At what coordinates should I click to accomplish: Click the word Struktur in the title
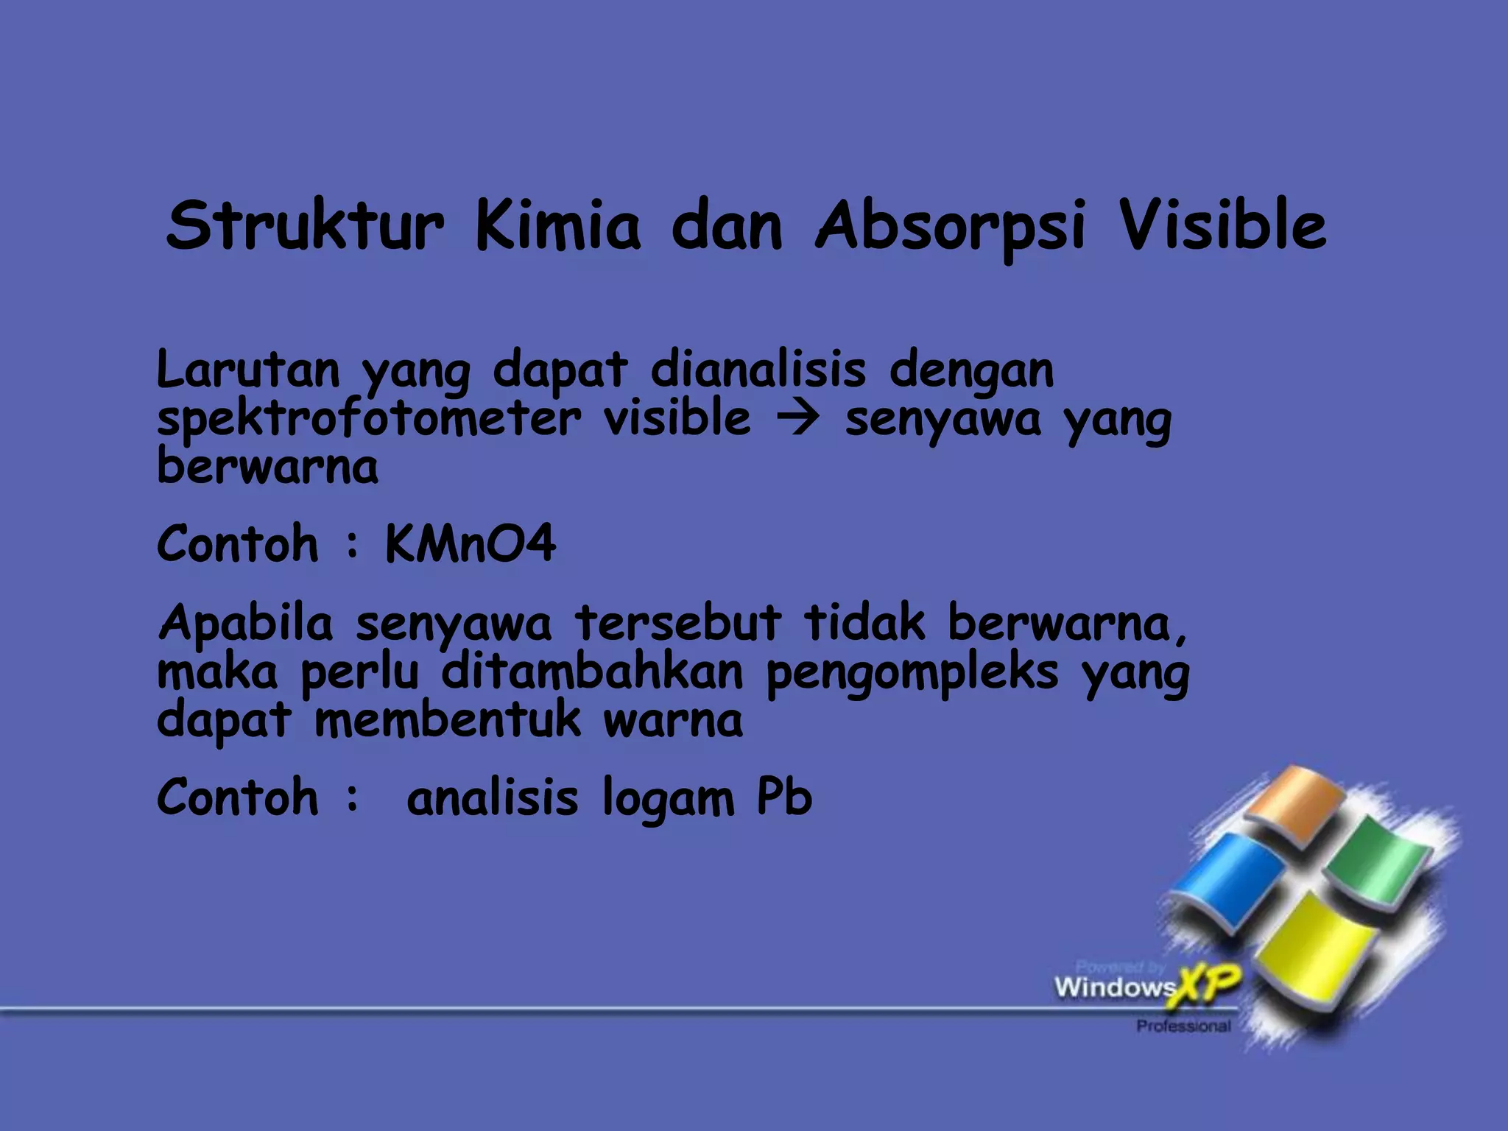[305, 225]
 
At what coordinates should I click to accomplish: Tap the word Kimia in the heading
[557, 225]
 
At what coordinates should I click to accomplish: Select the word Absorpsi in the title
[950, 227]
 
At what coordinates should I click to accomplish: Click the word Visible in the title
[1222, 225]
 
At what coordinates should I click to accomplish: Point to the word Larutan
[248, 370]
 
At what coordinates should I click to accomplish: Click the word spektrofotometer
[368, 420]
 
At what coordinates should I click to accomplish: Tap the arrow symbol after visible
[797, 420]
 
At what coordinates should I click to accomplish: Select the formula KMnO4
[470, 544]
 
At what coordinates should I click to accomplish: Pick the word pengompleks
[912, 673]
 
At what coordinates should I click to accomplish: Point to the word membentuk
[447, 721]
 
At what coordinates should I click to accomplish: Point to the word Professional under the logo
[1183, 1026]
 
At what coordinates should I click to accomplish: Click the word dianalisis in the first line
[758, 370]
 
